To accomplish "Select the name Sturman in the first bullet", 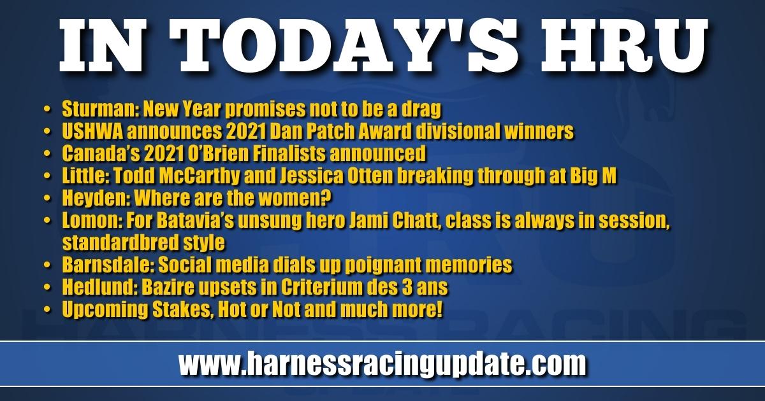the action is [x=98, y=109].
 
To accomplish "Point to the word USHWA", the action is [x=92, y=131].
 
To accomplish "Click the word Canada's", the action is [x=101, y=153].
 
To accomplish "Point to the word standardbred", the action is [x=120, y=243].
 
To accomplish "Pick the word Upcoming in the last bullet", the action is [x=105, y=310].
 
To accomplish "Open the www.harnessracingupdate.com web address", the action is [x=382, y=364].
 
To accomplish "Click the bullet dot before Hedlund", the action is [x=47, y=288].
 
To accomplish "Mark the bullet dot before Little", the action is [x=47, y=176].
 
